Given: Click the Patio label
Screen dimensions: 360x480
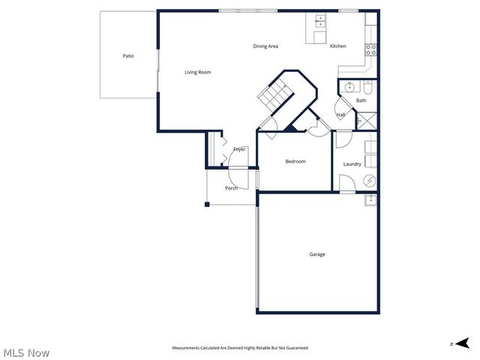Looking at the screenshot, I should pos(128,56).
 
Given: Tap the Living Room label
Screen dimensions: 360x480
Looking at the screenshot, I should pos(198,72).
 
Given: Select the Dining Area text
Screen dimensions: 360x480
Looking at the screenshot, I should pos(265,46).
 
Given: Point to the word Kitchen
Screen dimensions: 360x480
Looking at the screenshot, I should pos(338,46).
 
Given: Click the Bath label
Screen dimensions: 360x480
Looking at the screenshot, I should pos(361,100).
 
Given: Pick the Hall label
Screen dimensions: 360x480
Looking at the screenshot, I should pos(340,115).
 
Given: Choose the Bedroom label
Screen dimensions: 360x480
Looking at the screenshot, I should pos(295,161).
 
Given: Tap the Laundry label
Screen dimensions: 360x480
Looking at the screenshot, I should pos(352,164).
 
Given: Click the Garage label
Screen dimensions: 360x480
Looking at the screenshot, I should pos(317,254).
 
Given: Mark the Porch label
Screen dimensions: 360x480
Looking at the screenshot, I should pos(232,187).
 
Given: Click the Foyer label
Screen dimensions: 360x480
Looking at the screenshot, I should pos(239,149).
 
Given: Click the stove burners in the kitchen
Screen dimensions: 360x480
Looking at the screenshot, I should pos(370,50).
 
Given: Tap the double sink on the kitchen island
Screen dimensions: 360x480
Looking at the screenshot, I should pos(320,20).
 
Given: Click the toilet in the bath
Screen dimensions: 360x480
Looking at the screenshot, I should pos(367,87).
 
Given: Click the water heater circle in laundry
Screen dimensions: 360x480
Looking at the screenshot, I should pos(370,181).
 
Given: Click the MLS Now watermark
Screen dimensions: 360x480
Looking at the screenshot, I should pos(26,352).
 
